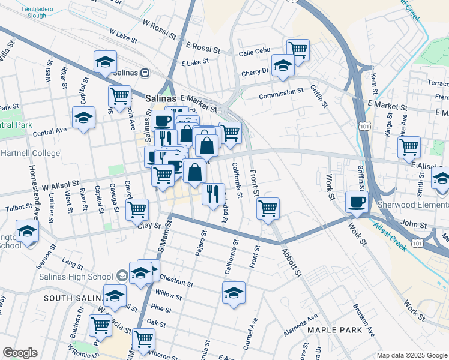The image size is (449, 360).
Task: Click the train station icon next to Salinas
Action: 145,73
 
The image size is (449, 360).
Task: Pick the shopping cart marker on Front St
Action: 268,208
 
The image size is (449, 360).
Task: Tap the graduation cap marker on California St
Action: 234,292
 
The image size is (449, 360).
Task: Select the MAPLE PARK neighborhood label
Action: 334,330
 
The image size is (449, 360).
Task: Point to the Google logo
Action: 20,353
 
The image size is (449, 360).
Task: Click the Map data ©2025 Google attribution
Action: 412,355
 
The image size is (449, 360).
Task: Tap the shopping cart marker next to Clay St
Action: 137,209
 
